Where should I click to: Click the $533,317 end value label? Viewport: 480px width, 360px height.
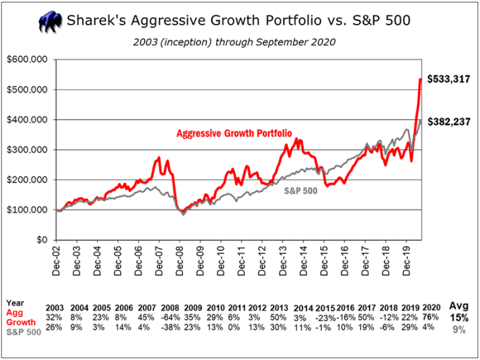tap(449, 80)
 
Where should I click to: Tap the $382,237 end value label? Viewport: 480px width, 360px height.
tap(449, 122)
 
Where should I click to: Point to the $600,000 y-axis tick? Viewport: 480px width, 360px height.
tap(27, 60)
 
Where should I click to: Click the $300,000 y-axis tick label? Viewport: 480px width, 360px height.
tap(27, 149)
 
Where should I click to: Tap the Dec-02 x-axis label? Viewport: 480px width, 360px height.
tap(56, 261)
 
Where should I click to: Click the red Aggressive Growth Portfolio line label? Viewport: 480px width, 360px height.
tap(224, 132)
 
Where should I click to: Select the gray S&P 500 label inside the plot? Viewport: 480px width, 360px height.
tap(300, 191)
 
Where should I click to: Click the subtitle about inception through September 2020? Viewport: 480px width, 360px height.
tap(233, 42)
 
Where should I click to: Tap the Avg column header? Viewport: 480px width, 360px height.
tap(458, 306)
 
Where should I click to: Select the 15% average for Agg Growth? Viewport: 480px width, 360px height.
tap(458, 317)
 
